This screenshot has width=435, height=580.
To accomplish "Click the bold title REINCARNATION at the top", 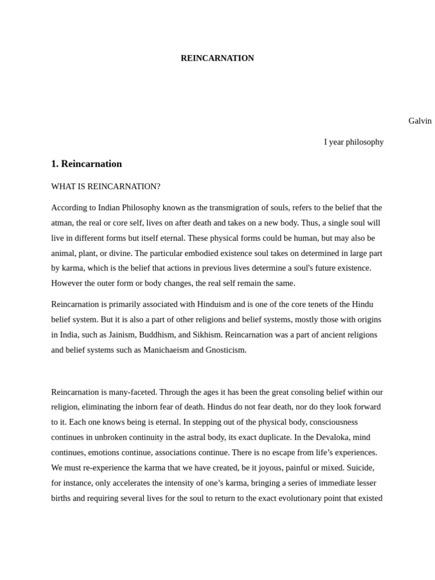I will (x=217, y=58).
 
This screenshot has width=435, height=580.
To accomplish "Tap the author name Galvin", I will (x=420, y=121).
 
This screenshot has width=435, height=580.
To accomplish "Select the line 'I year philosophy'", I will (x=353, y=142).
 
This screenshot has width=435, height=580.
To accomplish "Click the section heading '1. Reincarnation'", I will (x=86, y=164).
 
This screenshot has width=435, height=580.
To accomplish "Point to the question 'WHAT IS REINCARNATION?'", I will (x=106, y=186).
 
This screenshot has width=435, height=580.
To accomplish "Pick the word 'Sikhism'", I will (x=207, y=335).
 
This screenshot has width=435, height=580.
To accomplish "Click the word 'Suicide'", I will (x=360, y=468).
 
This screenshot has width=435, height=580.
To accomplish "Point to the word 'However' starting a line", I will (x=66, y=283).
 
